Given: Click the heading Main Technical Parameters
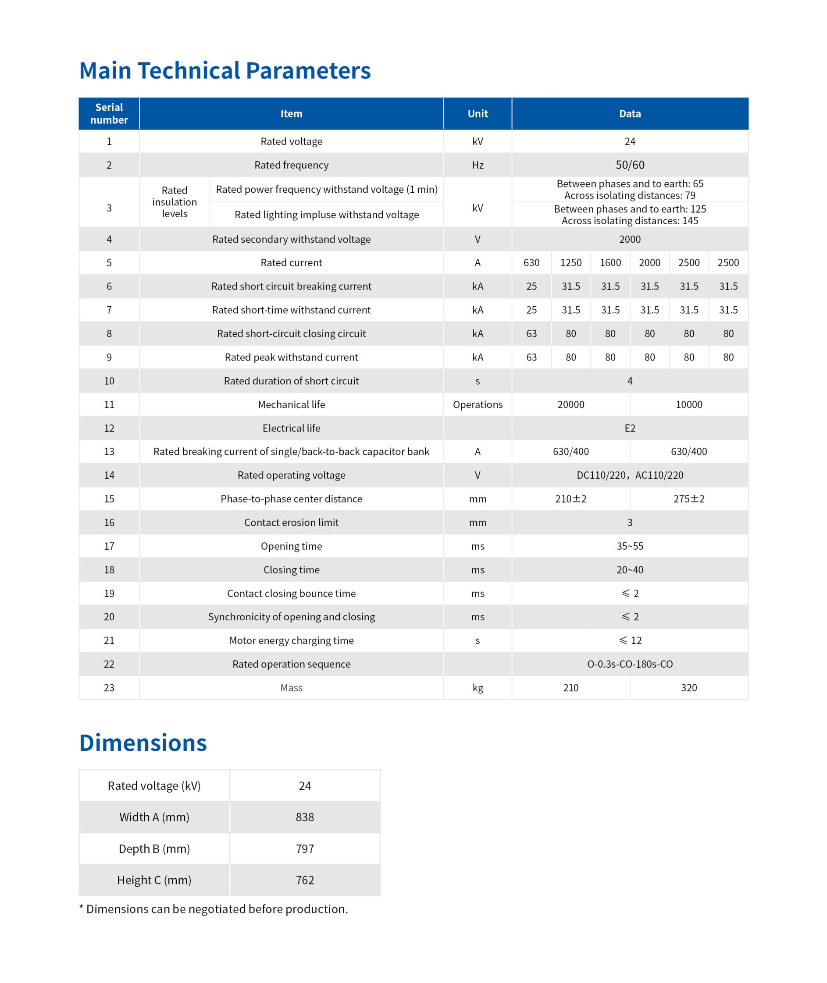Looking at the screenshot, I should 225,71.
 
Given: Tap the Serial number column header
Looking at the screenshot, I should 109,113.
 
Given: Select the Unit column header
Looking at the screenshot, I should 477,113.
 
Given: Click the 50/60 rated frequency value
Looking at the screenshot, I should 630,165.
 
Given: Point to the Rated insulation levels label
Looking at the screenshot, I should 175,202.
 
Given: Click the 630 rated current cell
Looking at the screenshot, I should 531,263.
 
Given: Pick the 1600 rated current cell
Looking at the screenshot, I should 610,263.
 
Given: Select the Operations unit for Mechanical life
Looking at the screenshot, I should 477,405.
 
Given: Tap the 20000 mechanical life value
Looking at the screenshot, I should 570,405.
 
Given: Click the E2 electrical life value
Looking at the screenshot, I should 630,428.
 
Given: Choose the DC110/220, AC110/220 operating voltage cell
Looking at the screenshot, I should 630,475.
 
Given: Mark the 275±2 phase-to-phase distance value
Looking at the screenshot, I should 689,499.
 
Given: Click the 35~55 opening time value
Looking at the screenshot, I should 630,546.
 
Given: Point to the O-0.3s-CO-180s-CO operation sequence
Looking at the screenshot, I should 630,664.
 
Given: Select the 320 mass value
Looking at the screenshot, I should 689,687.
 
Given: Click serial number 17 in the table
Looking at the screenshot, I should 109,546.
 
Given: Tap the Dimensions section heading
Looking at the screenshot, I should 143,743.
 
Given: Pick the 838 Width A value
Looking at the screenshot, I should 305,817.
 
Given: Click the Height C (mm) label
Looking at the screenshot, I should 154,880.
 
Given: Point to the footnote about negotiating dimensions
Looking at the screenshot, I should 214,909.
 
